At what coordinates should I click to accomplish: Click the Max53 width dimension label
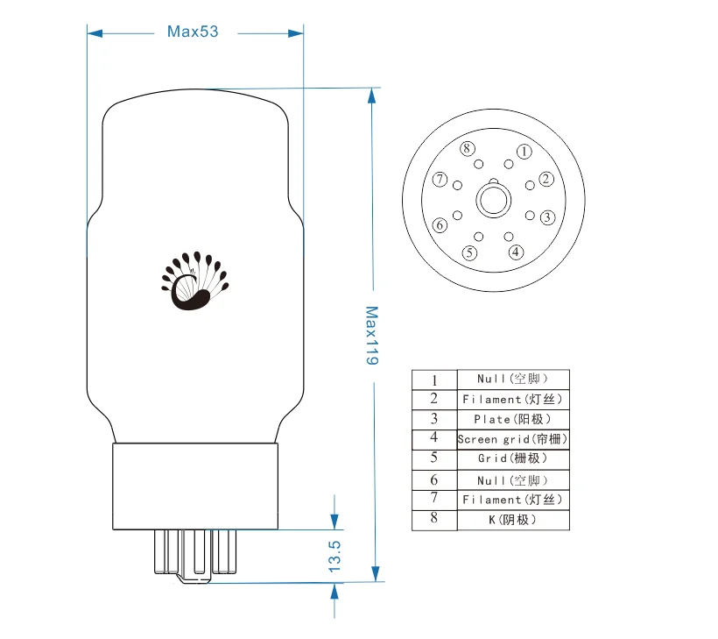(x=192, y=32)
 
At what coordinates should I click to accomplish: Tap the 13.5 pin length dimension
(x=334, y=557)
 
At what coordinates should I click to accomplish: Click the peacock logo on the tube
(x=194, y=281)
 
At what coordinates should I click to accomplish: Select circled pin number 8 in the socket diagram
(x=468, y=148)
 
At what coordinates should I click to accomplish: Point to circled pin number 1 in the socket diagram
(x=524, y=152)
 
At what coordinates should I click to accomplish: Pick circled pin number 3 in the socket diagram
(x=546, y=217)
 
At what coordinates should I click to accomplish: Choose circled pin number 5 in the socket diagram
(x=470, y=253)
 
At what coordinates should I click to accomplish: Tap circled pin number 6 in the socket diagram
(x=440, y=225)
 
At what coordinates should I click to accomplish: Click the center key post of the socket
(x=493, y=200)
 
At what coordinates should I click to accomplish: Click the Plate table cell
(x=513, y=419)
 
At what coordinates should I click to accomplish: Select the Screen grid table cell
(x=513, y=439)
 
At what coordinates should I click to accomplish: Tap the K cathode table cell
(x=513, y=520)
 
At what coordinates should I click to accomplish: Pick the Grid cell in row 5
(x=513, y=458)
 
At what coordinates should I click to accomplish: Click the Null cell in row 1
(x=513, y=379)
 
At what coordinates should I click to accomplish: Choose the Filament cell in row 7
(x=513, y=500)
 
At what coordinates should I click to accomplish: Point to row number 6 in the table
(x=434, y=480)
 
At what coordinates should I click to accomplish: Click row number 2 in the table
(x=434, y=399)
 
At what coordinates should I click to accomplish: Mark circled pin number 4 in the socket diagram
(x=516, y=252)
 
